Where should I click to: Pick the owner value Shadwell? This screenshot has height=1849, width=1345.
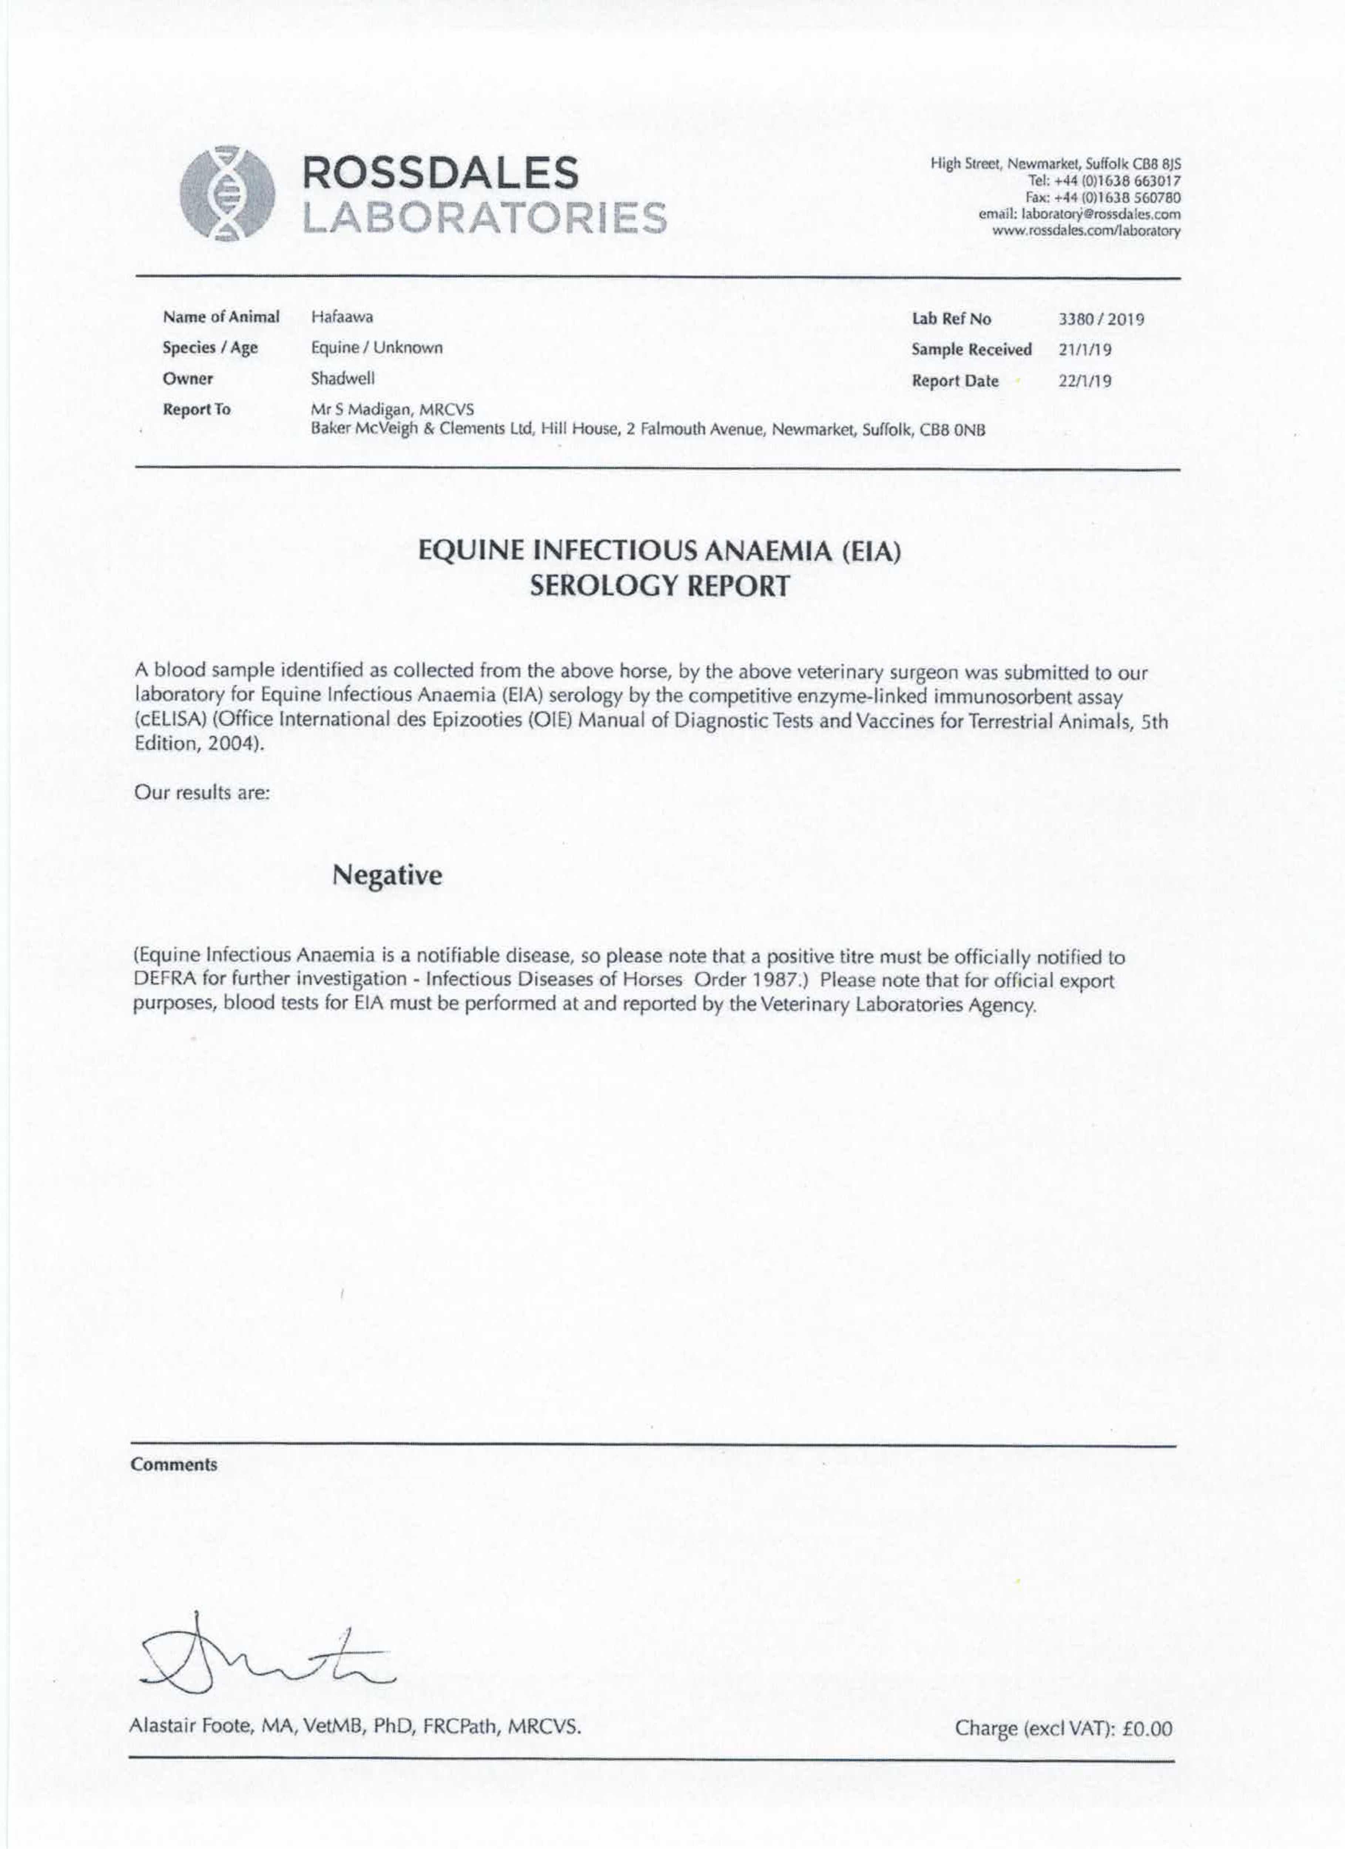click(343, 378)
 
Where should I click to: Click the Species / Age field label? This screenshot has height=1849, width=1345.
click(210, 348)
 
